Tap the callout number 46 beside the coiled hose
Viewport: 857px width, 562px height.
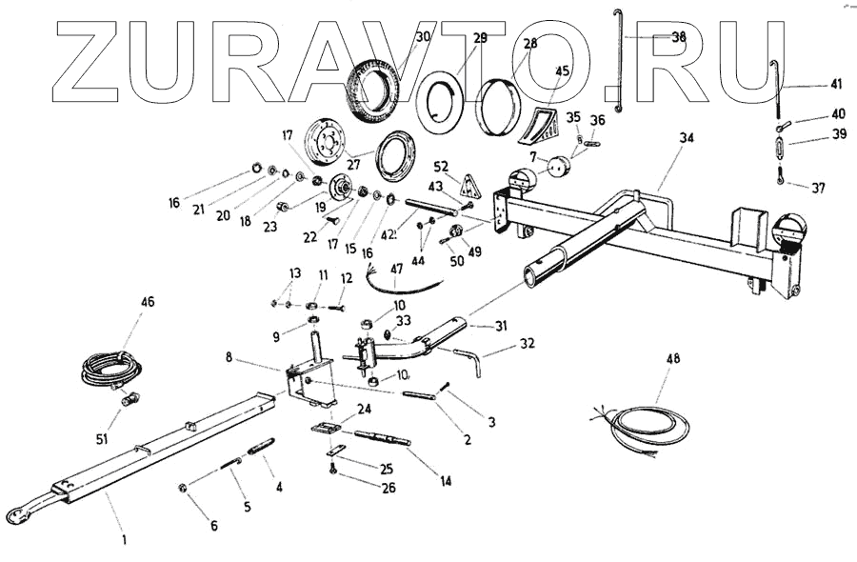coord(148,302)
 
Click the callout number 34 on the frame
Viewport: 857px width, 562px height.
coord(686,137)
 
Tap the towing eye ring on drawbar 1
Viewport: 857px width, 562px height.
coord(15,514)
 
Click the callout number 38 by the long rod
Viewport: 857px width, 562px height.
coord(679,37)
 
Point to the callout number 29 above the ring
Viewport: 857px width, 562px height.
coord(480,38)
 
